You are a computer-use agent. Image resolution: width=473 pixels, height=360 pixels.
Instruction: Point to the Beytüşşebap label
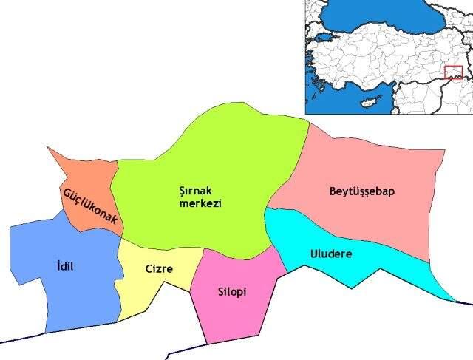[x=362, y=191]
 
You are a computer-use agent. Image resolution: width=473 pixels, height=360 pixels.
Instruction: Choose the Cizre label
[x=159, y=269]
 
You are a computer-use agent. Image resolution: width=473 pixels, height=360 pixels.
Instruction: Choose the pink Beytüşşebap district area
[x=370, y=222]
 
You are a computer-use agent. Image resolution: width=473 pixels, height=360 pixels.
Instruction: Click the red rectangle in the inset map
[x=453, y=72]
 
